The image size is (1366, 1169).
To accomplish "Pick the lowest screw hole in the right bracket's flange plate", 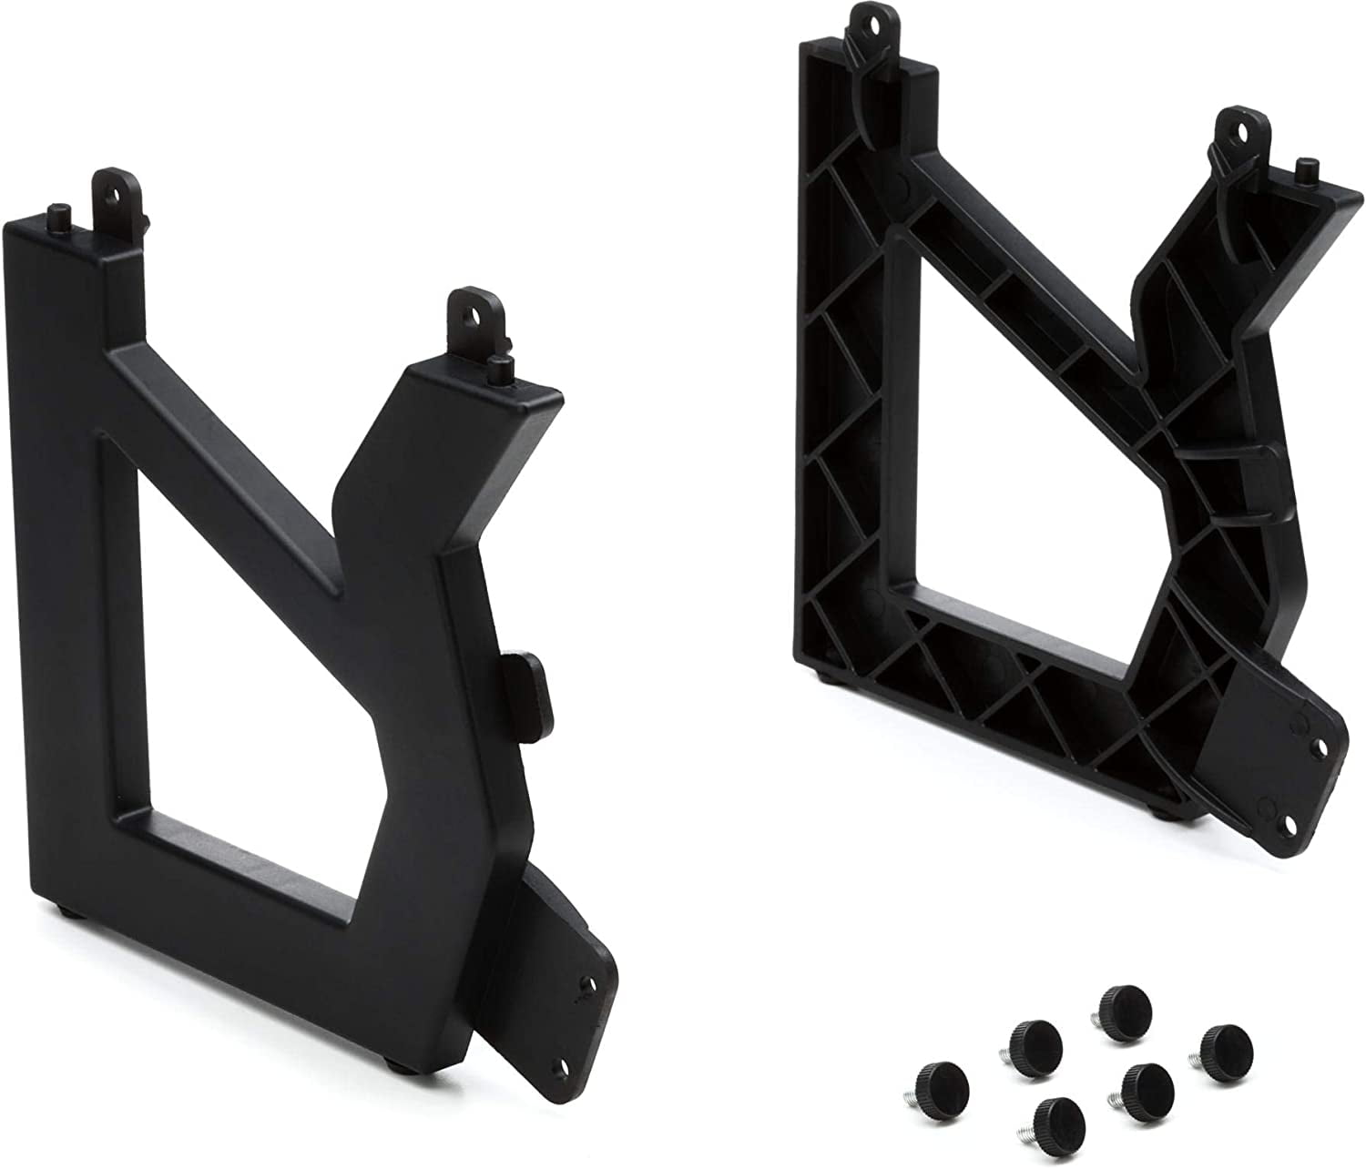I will pos(1291,819).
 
